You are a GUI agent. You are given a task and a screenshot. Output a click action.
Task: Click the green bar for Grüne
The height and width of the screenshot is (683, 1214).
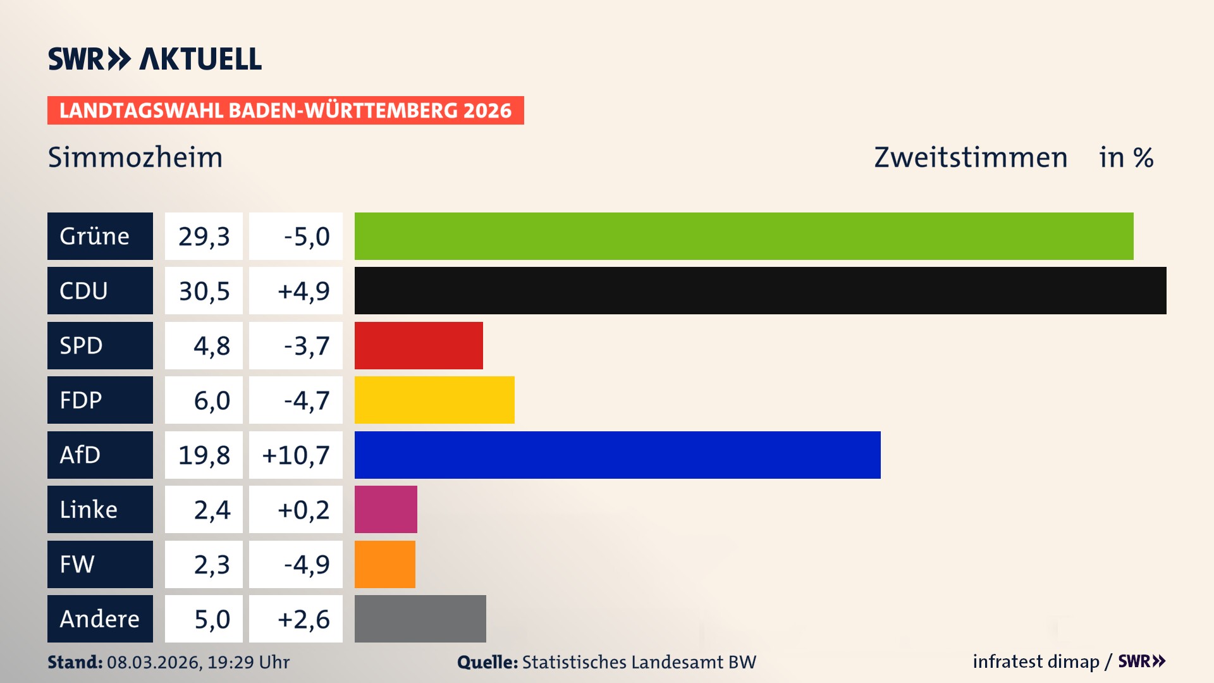(744, 236)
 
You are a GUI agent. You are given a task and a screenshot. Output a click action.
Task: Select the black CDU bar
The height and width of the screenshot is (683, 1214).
(760, 290)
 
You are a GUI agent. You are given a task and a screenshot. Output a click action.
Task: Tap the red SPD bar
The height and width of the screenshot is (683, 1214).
(419, 345)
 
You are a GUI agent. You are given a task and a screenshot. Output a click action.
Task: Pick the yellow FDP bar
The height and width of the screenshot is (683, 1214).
(434, 400)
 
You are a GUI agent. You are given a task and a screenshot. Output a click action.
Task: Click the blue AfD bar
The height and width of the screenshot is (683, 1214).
(617, 455)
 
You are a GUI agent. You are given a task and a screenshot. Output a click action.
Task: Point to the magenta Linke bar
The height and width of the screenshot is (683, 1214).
(386, 509)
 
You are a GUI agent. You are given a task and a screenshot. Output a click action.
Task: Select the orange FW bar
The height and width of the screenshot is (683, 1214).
(384, 564)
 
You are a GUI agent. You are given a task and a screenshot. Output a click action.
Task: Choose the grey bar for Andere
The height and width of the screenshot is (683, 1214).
(420, 618)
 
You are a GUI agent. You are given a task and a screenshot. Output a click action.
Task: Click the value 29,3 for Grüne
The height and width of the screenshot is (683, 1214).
(204, 237)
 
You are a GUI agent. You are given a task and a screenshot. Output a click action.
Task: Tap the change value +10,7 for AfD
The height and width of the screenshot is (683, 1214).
(296, 455)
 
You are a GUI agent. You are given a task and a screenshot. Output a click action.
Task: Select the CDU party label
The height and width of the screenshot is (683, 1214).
(83, 291)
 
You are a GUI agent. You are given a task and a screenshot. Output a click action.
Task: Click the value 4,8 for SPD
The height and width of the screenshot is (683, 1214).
(211, 346)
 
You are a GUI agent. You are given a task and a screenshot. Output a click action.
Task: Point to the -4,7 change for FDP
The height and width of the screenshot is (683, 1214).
(307, 400)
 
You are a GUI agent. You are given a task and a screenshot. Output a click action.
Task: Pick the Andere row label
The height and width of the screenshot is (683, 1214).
(99, 618)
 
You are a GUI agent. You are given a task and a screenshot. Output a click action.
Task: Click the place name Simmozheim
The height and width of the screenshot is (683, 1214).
(135, 157)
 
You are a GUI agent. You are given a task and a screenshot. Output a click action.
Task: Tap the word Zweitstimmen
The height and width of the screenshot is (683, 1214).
(970, 157)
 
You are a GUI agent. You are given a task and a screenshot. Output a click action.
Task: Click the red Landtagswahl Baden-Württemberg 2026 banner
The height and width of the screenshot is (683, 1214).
(285, 111)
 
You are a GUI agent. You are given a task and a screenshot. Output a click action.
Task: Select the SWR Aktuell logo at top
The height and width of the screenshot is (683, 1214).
(154, 59)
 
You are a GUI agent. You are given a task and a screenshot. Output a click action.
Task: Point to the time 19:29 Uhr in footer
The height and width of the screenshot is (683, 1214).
(248, 662)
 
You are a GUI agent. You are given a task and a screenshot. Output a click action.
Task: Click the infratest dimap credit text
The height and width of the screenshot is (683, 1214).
(1035, 661)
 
